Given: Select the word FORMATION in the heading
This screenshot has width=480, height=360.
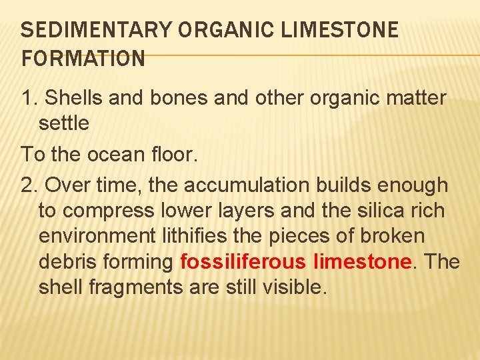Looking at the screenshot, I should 83,59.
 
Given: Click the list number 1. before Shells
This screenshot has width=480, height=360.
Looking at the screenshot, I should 30,98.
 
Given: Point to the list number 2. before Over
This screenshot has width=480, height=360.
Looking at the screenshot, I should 30,184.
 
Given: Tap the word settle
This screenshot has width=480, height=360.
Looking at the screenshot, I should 64,123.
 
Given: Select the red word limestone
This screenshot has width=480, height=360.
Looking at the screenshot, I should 361,261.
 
